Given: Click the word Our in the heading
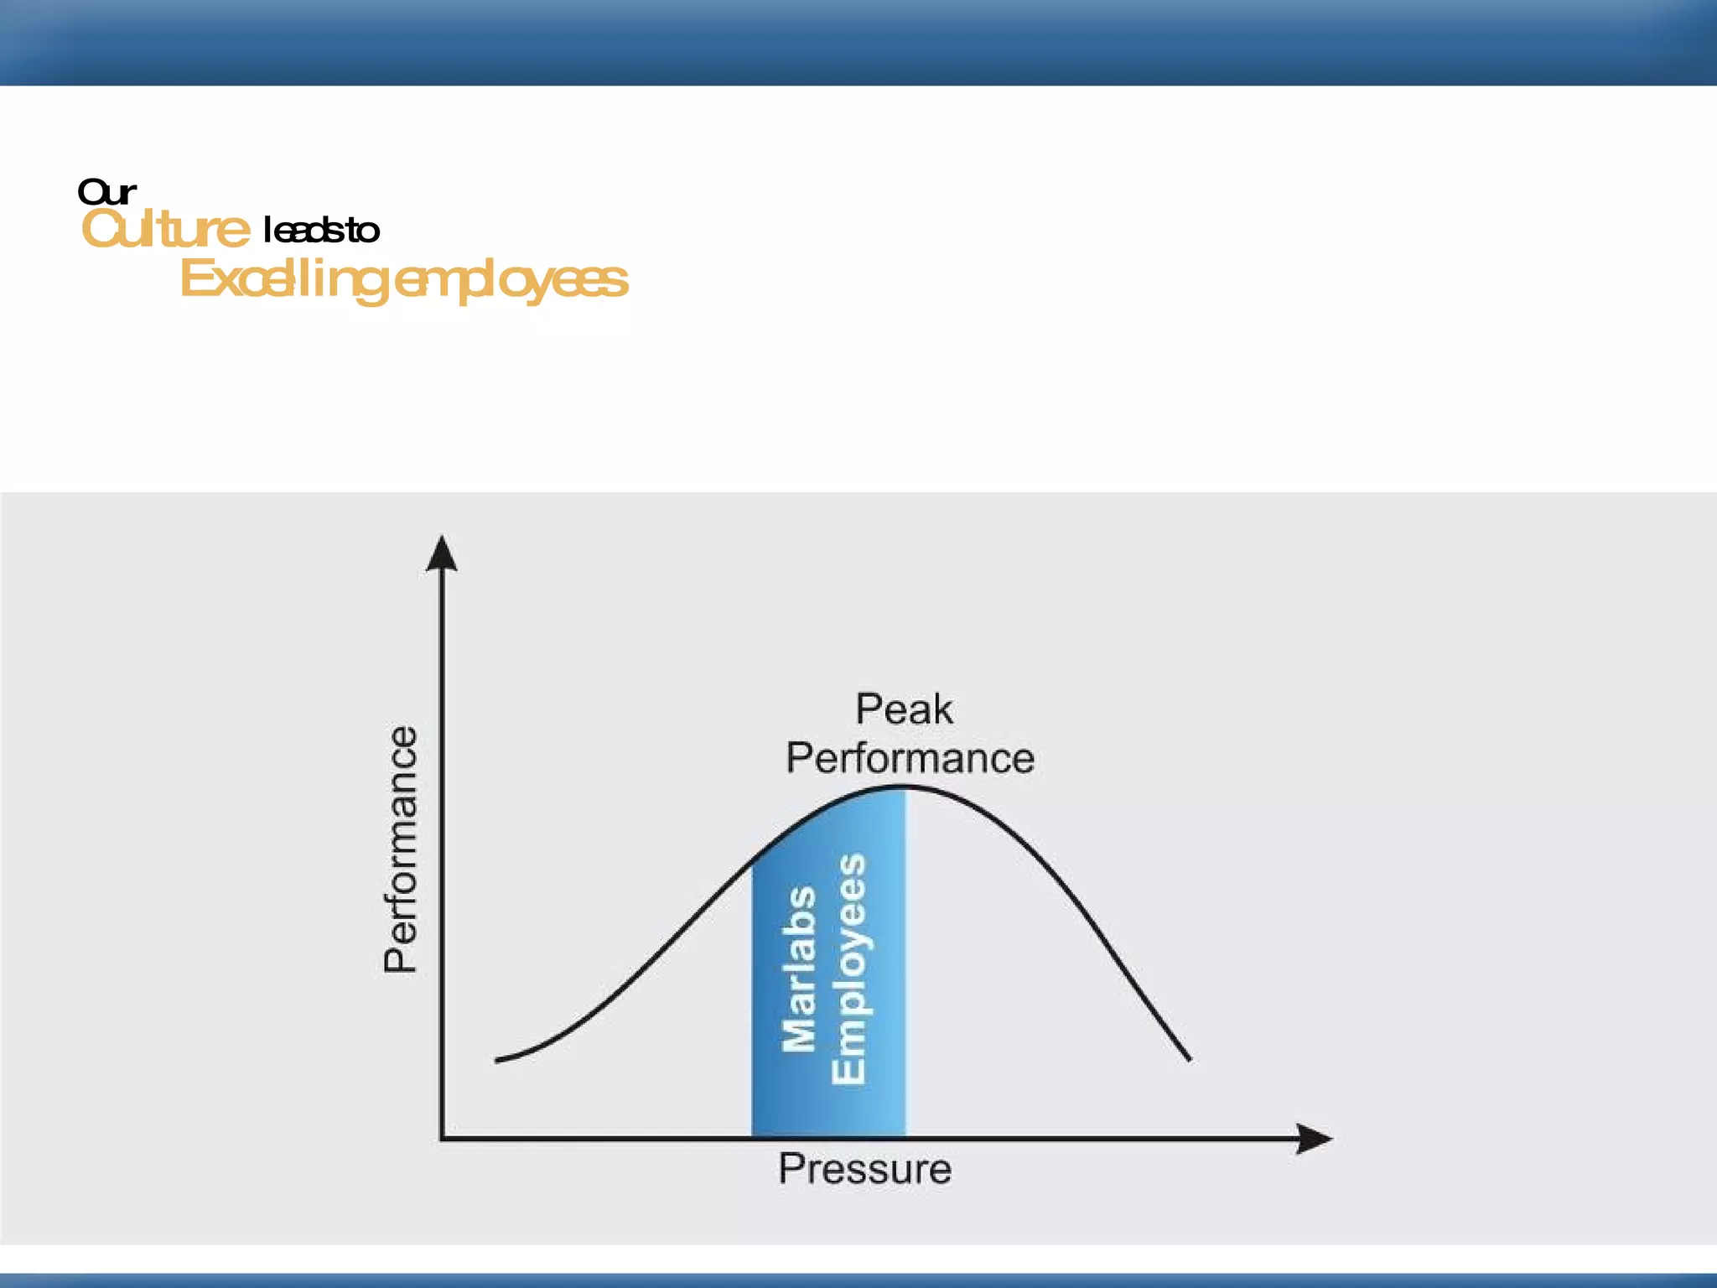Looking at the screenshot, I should coord(106,192).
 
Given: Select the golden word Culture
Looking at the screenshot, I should coord(165,229).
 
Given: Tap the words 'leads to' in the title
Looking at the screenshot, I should coord(321,230).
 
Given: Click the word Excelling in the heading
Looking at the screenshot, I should coord(283,279).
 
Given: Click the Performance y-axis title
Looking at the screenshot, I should coord(401,849).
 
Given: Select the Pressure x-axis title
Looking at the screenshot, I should coord(864,1169).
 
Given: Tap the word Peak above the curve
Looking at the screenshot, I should coord(904,709).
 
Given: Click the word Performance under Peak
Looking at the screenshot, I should coord(910,758).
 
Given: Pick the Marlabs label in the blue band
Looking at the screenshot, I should coord(799,969).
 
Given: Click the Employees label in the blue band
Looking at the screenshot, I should coord(848,969).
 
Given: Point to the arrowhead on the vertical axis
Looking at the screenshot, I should coord(442,553).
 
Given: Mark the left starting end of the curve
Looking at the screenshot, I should coord(497,1061).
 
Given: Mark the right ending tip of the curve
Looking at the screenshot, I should coord(1189,1060).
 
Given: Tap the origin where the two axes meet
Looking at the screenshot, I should coord(442,1138).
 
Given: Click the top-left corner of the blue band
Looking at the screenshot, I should coord(753,860).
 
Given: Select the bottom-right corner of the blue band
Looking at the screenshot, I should coord(905,1135).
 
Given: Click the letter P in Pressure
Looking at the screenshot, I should coord(789,1168).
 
